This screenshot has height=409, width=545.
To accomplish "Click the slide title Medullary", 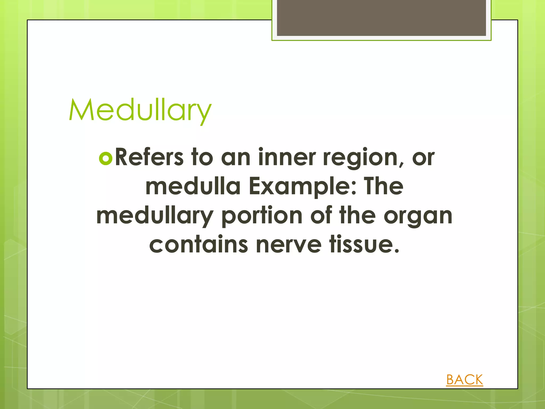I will tap(140, 110).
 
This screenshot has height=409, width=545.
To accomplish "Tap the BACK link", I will tap(464, 379).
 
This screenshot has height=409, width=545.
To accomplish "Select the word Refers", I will tap(149, 157).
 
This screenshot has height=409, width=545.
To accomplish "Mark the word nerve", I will tap(288, 245).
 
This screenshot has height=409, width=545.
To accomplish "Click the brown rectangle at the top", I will tap(381, 18).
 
